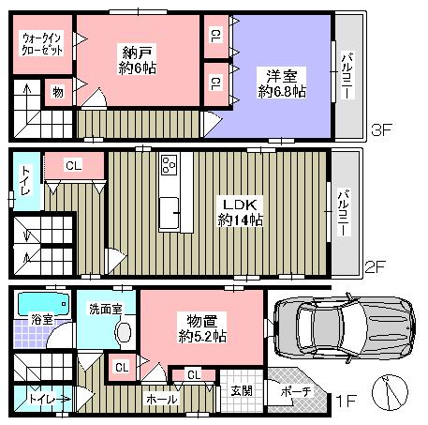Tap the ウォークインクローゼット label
click(x=42, y=44)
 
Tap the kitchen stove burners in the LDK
click(x=170, y=165)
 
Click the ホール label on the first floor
click(x=159, y=399)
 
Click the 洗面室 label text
click(x=104, y=308)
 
